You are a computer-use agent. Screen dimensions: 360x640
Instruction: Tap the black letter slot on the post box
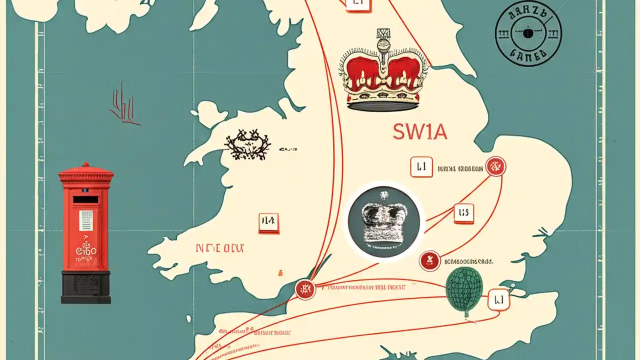[x=85, y=199]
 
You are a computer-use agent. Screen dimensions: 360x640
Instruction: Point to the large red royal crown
[x=384, y=75]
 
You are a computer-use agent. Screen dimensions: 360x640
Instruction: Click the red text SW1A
[x=419, y=132]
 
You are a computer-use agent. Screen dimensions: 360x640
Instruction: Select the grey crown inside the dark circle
[x=384, y=222]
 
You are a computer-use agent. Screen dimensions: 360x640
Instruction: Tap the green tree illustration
[x=464, y=290]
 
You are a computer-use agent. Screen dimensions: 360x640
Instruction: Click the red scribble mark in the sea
[x=122, y=104]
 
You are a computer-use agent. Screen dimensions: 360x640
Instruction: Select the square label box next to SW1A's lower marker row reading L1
[x=421, y=167]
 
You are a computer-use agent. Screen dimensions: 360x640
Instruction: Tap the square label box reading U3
[x=463, y=213]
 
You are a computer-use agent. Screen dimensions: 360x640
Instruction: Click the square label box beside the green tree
[x=498, y=300]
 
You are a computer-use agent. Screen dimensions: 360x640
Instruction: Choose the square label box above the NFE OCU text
[x=269, y=223]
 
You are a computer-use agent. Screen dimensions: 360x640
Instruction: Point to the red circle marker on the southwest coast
[x=305, y=289]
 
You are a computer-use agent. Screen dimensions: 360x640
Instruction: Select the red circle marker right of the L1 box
[x=495, y=166]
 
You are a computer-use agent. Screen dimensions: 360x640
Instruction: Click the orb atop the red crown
[x=384, y=48]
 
